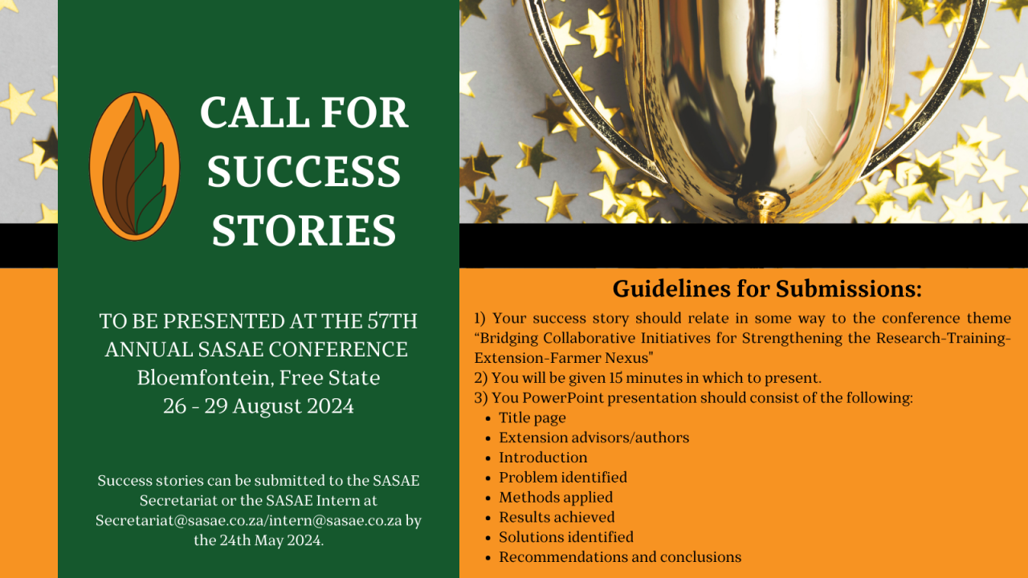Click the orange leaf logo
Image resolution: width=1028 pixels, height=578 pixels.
click(134, 166)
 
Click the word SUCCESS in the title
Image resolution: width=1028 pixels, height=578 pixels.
click(304, 171)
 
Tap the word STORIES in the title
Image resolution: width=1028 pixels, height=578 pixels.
click(304, 230)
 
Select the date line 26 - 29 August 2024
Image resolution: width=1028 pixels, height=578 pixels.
click(259, 406)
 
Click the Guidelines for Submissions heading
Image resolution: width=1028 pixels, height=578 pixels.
click(767, 288)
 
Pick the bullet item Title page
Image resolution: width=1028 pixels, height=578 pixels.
click(532, 418)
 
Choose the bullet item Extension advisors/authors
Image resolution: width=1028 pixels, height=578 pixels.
click(594, 438)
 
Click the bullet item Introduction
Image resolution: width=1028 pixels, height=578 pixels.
click(543, 458)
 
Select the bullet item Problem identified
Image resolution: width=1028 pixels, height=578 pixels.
click(562, 478)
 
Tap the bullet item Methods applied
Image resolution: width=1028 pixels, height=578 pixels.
click(555, 498)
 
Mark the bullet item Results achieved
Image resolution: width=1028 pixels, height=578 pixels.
click(557, 517)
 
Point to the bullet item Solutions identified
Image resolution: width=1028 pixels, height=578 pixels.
click(565, 537)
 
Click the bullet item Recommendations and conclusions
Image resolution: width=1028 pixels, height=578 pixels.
click(619, 557)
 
